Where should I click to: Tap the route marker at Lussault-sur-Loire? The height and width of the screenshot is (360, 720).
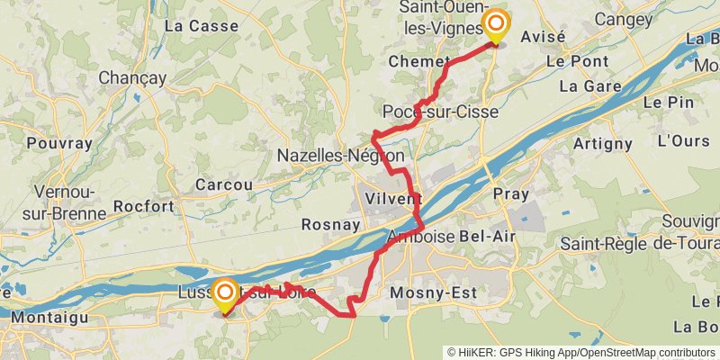[x=224, y=293]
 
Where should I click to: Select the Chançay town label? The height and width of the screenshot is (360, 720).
[x=133, y=78]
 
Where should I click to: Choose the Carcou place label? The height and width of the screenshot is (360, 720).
[x=224, y=184]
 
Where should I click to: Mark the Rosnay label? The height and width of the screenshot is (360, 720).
[x=331, y=225]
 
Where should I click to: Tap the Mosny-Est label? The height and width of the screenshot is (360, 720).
[x=426, y=293]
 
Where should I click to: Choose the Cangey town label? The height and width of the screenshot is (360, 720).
[x=623, y=19]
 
